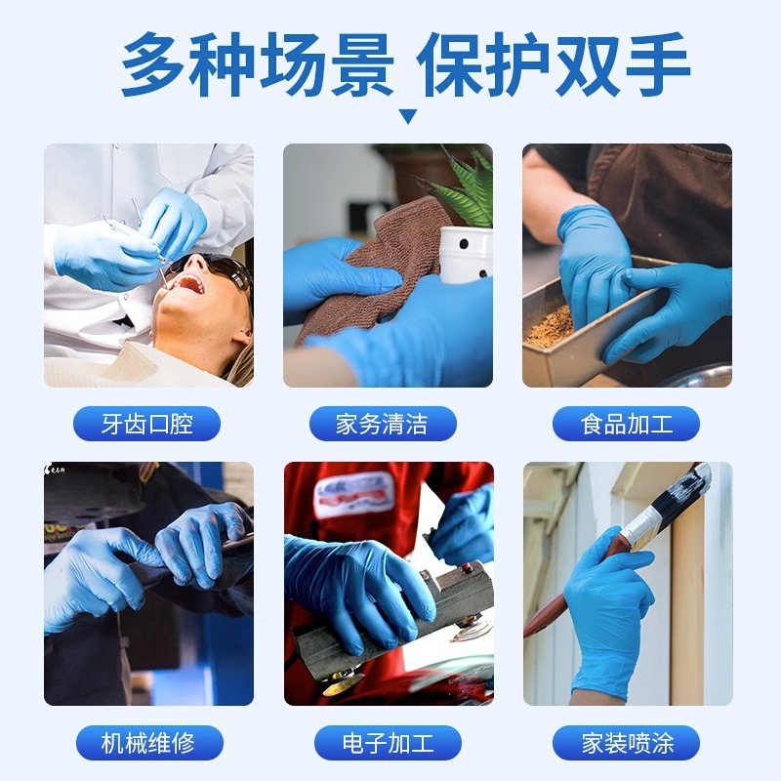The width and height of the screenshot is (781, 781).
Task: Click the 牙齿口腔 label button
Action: pyautogui.click(x=147, y=424)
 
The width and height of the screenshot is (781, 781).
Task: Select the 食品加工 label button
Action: pyautogui.click(x=626, y=424)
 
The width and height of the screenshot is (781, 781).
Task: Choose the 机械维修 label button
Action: pyautogui.click(x=147, y=743)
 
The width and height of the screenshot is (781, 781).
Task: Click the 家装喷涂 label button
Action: pyautogui.click(x=626, y=743)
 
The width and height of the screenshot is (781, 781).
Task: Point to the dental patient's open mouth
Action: pyautogui.click(x=190, y=284)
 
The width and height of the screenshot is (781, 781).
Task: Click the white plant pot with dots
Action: pyautogui.click(x=466, y=254)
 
